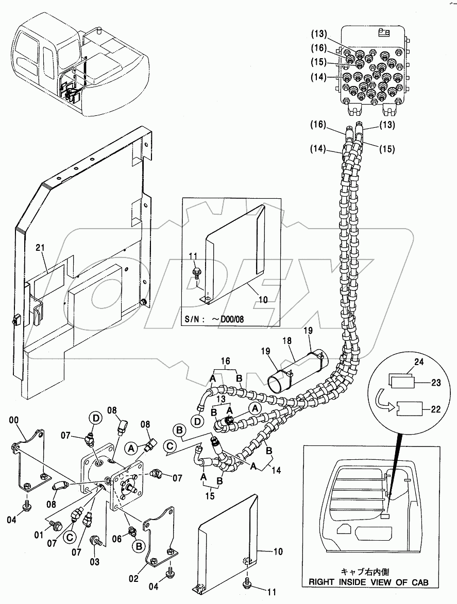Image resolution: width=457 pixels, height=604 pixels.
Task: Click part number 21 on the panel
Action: (x=41, y=248)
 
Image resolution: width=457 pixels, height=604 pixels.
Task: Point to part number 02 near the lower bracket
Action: (x=133, y=578)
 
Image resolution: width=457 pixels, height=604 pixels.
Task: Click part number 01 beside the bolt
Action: (x=39, y=536)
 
